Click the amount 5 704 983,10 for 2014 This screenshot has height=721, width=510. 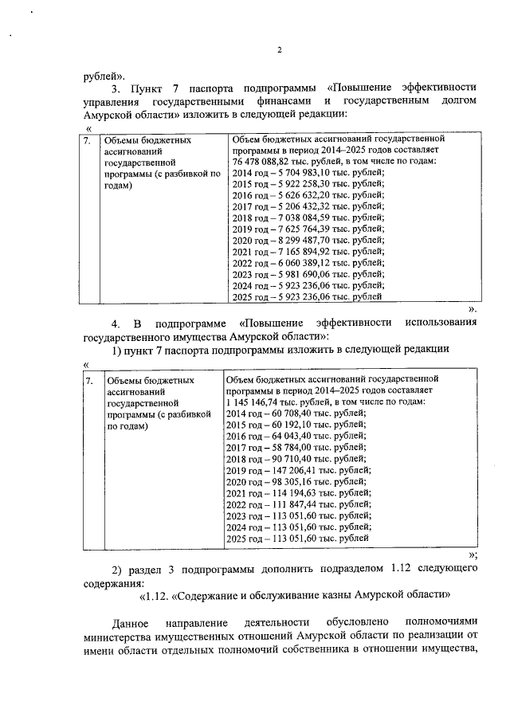pos(300,172)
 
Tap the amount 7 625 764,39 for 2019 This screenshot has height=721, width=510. pos(300,228)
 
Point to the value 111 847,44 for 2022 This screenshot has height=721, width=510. pos(288,504)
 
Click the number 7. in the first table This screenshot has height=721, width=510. pos(89,139)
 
